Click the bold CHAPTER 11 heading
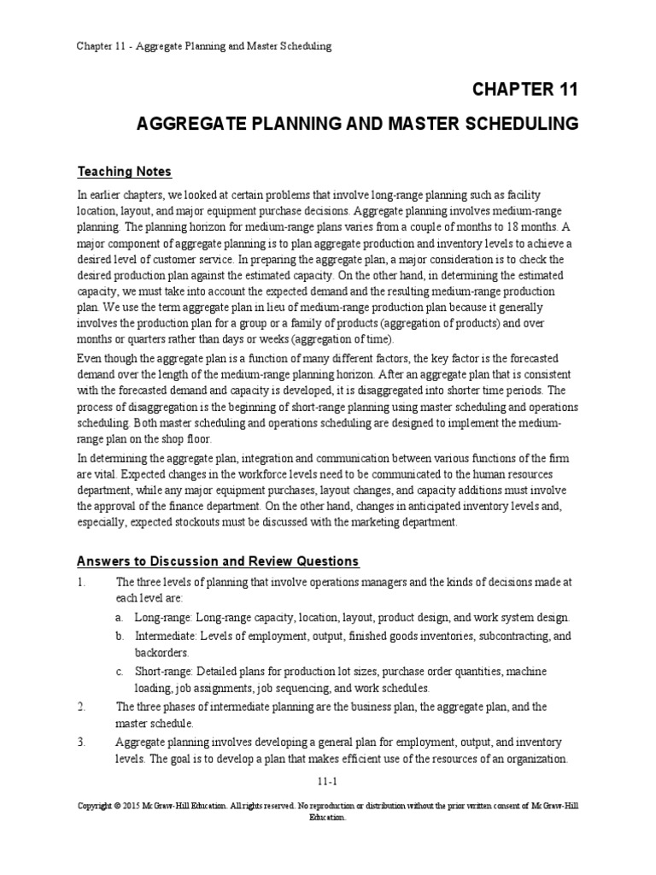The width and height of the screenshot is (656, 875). coord(524,89)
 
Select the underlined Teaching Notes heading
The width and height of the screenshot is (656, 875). coord(125,171)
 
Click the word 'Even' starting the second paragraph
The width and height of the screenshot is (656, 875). coord(91,358)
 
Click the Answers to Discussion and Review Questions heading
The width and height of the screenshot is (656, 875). coord(219,561)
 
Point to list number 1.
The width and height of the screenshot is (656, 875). coord(80,582)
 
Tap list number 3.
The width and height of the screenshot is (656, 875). coord(80,743)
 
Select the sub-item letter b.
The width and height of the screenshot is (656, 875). coord(119,637)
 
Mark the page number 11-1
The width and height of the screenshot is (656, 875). coord(328,780)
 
